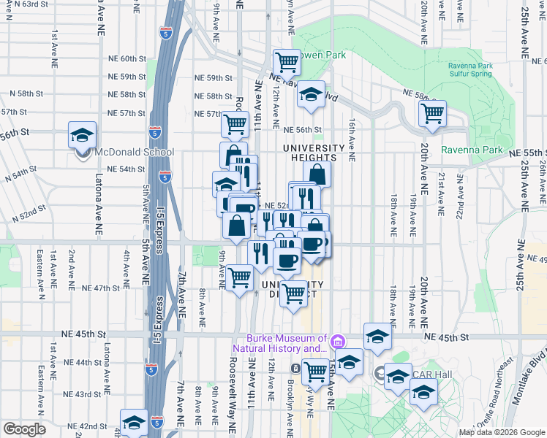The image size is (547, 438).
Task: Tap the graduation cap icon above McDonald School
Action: [82, 134]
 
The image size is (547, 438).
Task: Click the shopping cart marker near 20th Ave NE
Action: [432, 113]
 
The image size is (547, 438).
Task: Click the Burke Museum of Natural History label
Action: [287, 343]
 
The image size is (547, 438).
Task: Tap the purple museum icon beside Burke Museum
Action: [337, 341]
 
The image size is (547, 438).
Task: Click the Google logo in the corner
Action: [25, 429]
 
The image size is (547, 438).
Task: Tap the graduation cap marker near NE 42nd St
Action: [134, 422]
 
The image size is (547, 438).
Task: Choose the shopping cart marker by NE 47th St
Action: [239, 277]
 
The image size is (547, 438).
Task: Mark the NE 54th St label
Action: [125, 169]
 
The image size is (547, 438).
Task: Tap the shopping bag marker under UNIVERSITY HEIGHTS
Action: [317, 174]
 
